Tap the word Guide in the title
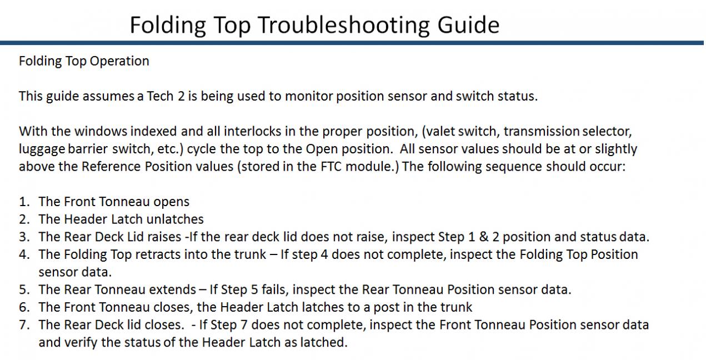click(468, 24)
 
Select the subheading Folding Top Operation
click(84, 62)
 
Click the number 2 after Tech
click(181, 96)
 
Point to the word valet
click(439, 131)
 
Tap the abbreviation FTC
click(331, 167)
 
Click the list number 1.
click(24, 202)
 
